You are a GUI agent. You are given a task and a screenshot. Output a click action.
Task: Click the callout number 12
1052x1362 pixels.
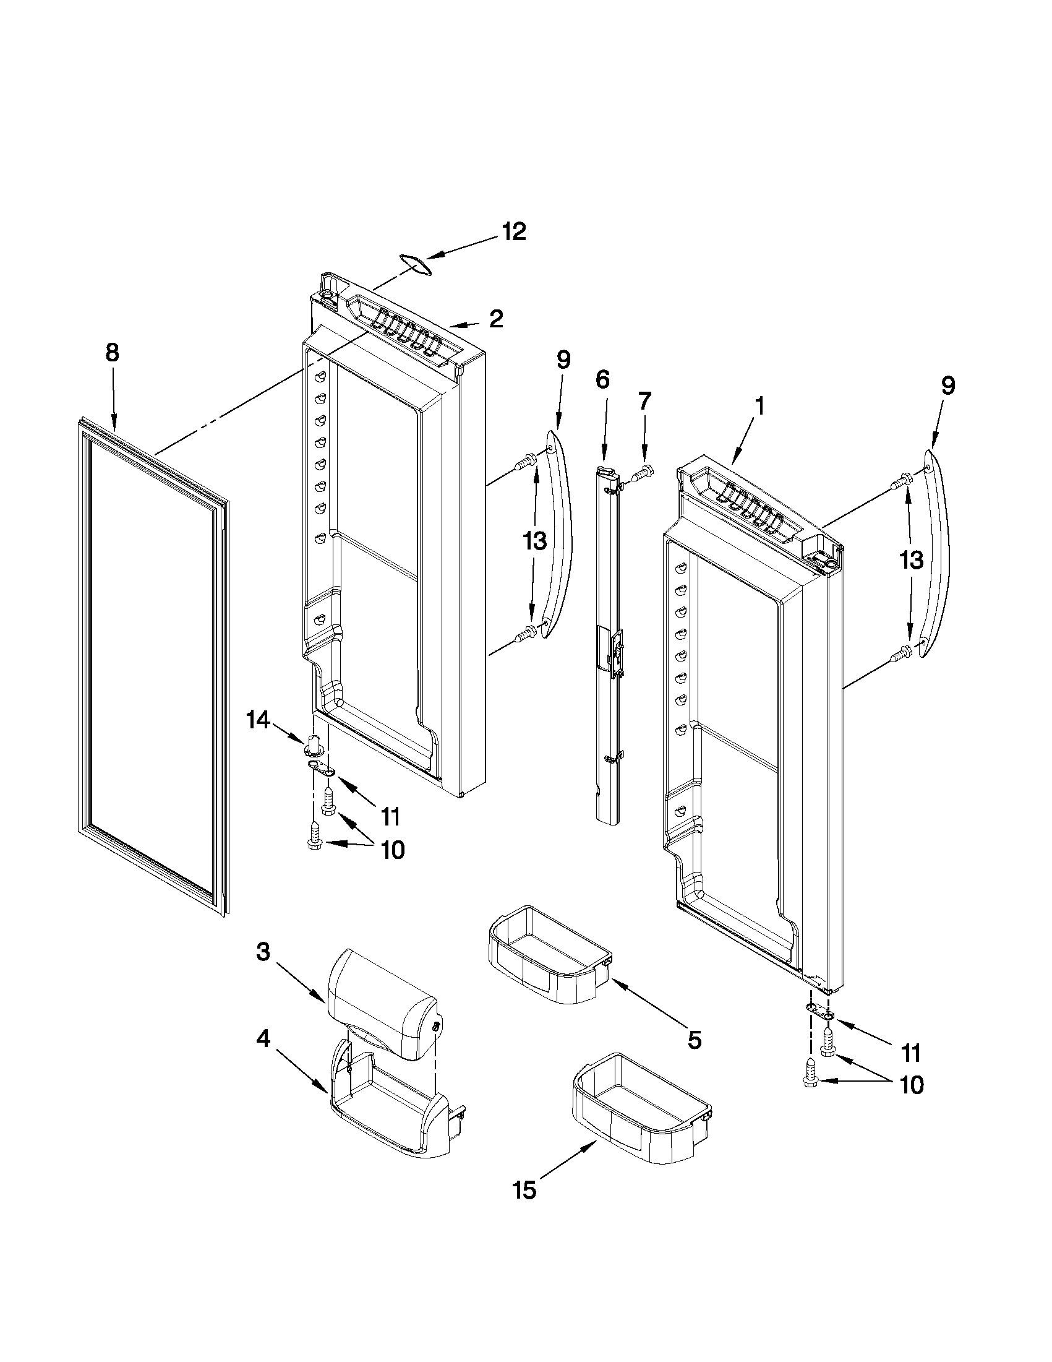[514, 232]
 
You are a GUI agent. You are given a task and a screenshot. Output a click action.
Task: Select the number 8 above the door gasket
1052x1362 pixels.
[111, 353]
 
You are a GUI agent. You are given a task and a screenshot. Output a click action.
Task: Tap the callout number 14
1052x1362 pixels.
[258, 720]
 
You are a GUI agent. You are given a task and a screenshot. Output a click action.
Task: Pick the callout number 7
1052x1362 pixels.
[644, 401]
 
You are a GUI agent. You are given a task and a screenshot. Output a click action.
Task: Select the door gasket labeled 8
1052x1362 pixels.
[153, 667]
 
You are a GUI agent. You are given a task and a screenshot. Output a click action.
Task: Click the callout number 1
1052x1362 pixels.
[759, 407]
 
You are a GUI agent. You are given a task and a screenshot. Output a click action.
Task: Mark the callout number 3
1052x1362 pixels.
[263, 952]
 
